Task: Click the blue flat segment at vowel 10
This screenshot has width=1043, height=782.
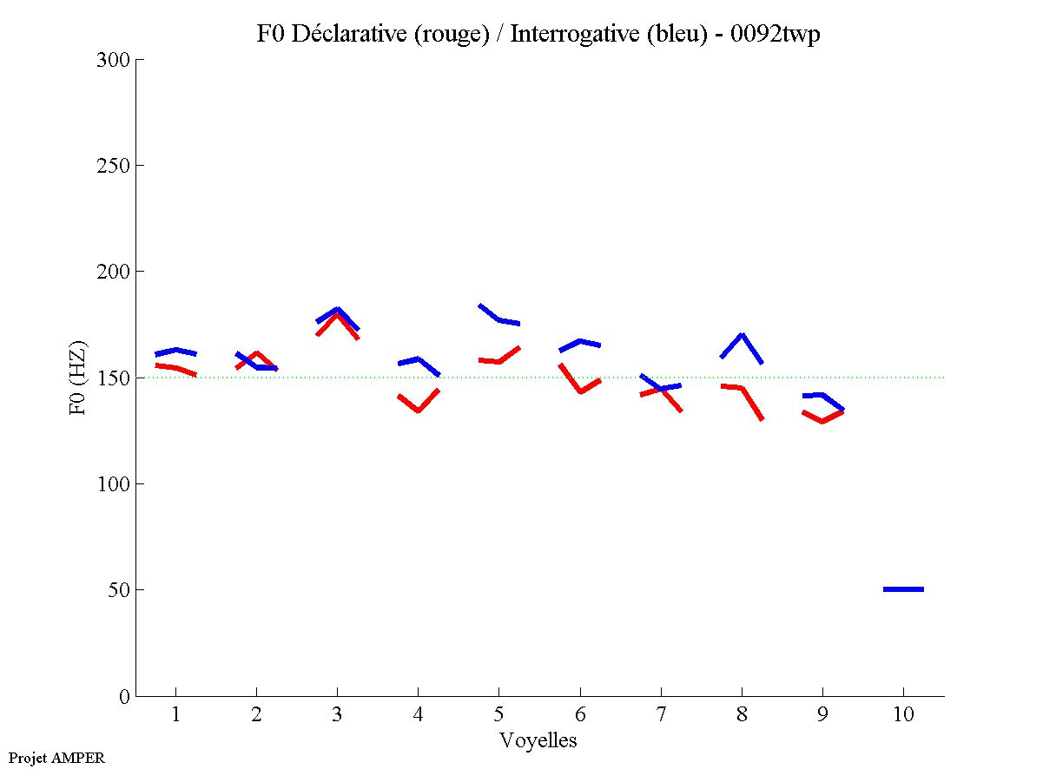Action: [x=903, y=589]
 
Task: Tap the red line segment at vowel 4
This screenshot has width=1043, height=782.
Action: [x=418, y=409]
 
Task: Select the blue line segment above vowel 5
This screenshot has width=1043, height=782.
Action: [x=499, y=319]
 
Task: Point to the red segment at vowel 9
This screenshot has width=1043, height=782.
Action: [x=822, y=420]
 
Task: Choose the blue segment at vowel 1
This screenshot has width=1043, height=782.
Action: [x=176, y=351]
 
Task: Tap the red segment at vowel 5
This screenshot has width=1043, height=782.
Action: [x=499, y=361]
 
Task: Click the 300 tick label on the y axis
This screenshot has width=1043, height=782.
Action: [x=114, y=60]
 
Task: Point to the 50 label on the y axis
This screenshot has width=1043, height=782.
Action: [x=119, y=590]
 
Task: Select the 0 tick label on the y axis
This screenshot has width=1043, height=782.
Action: [x=123, y=696]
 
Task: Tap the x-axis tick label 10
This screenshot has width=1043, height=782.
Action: [x=903, y=715]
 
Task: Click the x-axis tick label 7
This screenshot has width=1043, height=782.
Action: [x=661, y=715]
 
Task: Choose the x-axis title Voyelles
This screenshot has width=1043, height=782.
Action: [x=538, y=740]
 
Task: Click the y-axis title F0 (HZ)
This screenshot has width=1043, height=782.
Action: [x=78, y=378]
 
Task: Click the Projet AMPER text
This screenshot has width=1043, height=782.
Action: [x=56, y=758]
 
